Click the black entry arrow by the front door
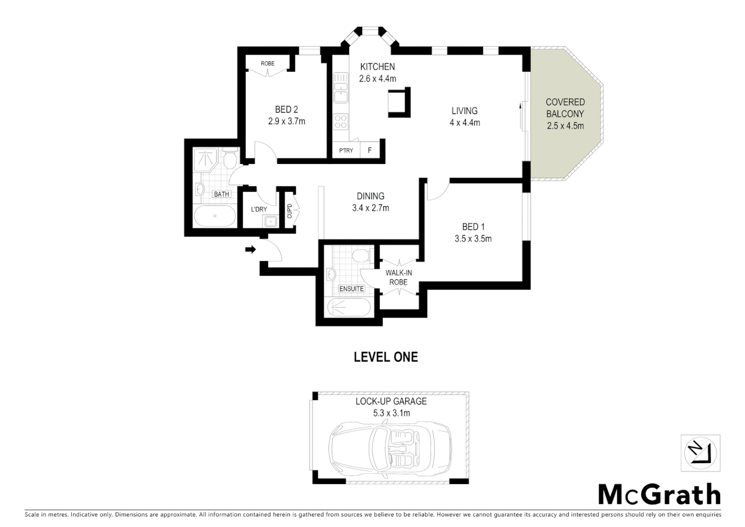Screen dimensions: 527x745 [250, 250]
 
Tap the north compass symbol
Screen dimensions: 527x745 [700, 453]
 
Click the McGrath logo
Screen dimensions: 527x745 [659, 495]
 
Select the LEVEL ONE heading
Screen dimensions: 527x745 [385, 357]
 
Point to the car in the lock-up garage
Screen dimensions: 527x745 [390, 445]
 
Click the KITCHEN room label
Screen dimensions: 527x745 [377, 67]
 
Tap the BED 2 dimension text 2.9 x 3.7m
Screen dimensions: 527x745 [286, 122]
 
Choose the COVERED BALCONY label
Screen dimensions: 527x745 [565, 108]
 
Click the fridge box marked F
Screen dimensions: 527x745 [370, 150]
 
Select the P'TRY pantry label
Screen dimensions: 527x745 [346, 150]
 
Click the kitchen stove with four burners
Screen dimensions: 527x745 [341, 121]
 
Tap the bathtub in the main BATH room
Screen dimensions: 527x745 [215, 216]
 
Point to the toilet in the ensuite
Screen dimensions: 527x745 [361, 256]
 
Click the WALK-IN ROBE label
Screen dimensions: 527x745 [398, 278]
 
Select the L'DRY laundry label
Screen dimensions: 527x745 [259, 210]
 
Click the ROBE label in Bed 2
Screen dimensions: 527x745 [267, 63]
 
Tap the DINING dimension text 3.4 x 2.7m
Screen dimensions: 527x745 [371, 208]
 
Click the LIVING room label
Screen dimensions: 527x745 [464, 111]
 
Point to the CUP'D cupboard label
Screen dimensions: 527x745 [289, 211]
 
